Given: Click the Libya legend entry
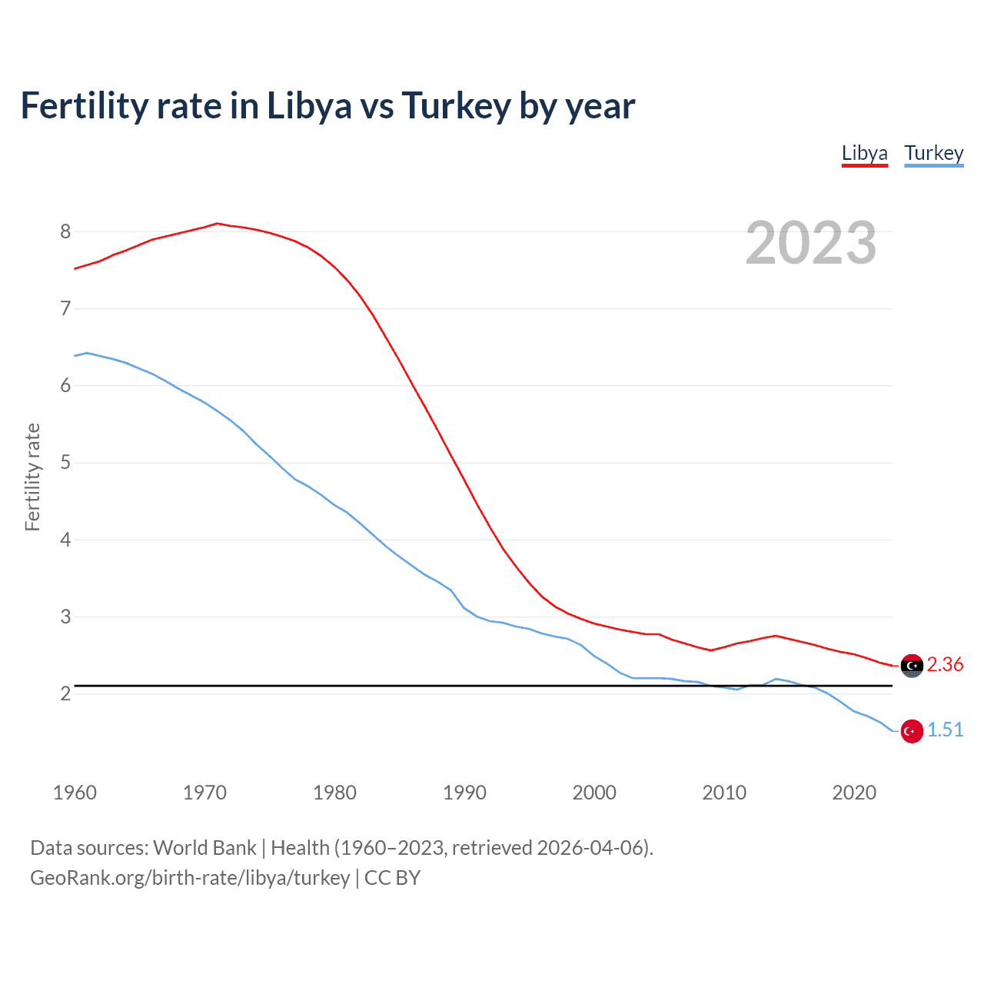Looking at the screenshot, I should point(864,153).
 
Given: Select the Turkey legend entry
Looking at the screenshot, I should point(933,153).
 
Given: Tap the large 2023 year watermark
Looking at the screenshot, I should point(810,243).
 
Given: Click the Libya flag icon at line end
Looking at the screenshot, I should point(912,666).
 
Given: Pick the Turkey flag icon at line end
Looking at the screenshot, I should point(912,731).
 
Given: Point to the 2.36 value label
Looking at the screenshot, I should point(945,664).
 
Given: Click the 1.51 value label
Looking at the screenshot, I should point(945,730).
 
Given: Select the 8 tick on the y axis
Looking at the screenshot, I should point(65,231).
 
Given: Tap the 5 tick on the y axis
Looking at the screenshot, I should point(65,463).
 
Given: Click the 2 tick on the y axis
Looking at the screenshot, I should point(65,693).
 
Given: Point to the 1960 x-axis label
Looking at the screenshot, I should point(75,793).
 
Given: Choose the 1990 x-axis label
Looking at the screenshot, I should point(464,793).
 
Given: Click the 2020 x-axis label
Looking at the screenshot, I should point(854,793).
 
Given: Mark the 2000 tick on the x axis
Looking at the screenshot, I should point(594,793).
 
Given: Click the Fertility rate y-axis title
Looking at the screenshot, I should point(32,477).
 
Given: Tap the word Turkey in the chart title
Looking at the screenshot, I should point(456,106).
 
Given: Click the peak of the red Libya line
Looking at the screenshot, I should point(217,224).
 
